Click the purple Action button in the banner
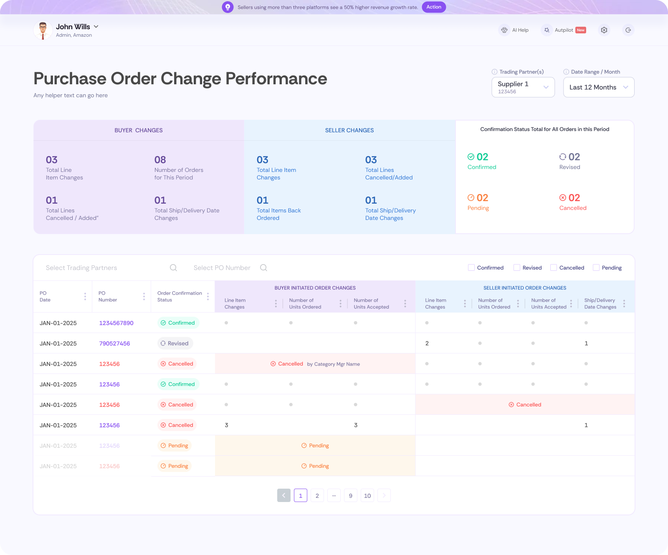tap(434, 7)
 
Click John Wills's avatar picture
tap(43, 30)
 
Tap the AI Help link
tap(514, 30)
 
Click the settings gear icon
tap(604, 30)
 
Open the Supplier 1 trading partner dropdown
tap(523, 87)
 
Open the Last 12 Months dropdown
tap(599, 87)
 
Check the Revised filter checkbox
tap(517, 267)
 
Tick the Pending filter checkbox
tap(596, 267)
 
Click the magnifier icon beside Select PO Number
tap(263, 268)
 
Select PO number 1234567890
tap(116, 323)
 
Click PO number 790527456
tap(114, 343)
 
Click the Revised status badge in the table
tap(175, 343)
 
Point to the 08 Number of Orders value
tap(160, 160)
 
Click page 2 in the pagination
tap(317, 496)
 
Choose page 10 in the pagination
tap(367, 496)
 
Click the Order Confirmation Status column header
tap(180, 296)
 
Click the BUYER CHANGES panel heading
tap(139, 130)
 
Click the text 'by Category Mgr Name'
tap(333, 364)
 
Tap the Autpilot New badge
tap(580, 30)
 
